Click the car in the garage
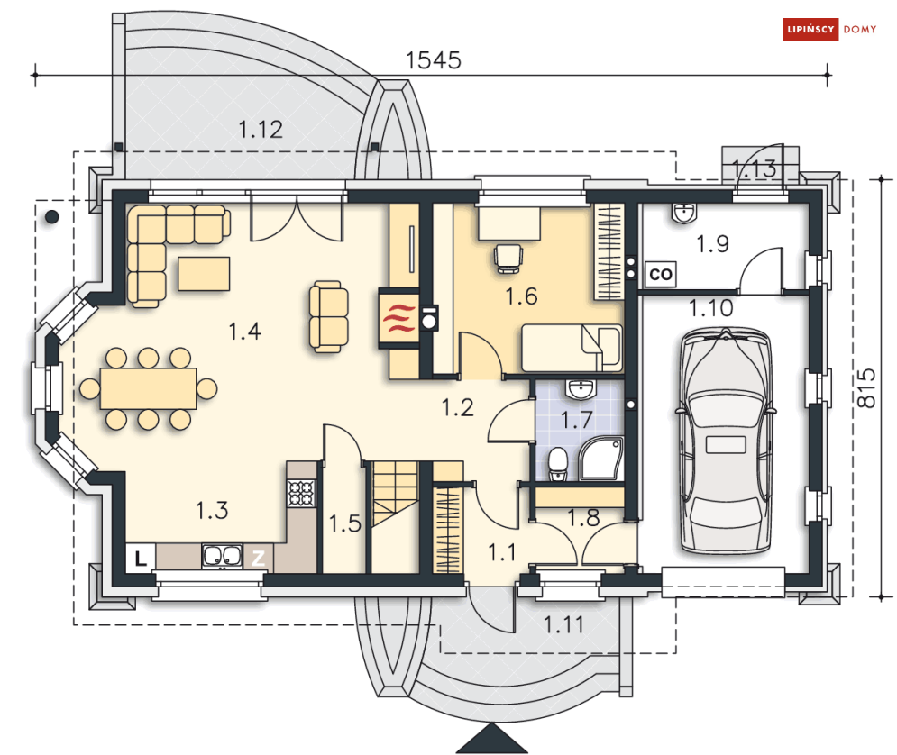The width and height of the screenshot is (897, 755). (727, 441)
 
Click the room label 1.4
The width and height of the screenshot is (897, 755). (244, 332)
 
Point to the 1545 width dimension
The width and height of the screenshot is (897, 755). (434, 60)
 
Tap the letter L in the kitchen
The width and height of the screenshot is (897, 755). (140, 558)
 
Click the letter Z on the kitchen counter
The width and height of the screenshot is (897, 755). (258, 558)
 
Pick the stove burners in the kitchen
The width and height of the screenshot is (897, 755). (301, 492)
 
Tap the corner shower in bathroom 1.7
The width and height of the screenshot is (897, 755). (597, 459)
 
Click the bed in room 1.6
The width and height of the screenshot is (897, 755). (571, 349)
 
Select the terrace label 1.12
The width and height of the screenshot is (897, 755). (261, 129)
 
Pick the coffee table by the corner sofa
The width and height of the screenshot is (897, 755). (204, 273)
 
